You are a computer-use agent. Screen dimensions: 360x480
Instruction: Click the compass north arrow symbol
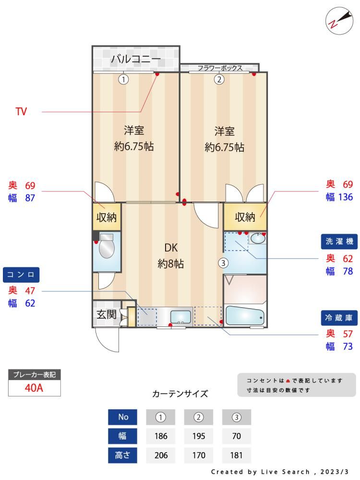click(339, 21)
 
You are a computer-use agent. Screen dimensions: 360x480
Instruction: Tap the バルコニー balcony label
click(136, 59)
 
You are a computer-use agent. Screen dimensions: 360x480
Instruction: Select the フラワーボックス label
click(220, 68)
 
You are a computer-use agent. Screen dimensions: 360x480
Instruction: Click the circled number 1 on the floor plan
click(123, 80)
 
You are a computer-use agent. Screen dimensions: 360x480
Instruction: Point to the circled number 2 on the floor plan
click(219, 80)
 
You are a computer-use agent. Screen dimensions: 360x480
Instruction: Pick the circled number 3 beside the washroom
click(223, 263)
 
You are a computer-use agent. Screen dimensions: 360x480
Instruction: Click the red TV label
click(21, 111)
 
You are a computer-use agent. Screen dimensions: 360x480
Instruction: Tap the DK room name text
click(171, 248)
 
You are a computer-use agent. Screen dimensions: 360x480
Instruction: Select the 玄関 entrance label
click(107, 314)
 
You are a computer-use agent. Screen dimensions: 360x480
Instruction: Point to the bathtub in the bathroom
click(245, 316)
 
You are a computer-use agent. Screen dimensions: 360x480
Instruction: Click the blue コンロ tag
click(21, 275)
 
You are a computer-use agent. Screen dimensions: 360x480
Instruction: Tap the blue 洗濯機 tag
click(339, 241)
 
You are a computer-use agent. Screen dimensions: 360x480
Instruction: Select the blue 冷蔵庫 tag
click(339, 318)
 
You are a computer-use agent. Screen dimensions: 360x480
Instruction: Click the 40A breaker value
click(34, 388)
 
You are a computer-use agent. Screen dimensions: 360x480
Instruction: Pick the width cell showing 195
click(199, 436)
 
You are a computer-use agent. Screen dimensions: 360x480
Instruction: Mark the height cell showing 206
click(161, 455)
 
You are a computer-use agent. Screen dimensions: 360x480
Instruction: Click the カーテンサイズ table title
click(180, 394)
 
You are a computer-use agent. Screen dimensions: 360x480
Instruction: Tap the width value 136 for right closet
click(345, 197)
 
